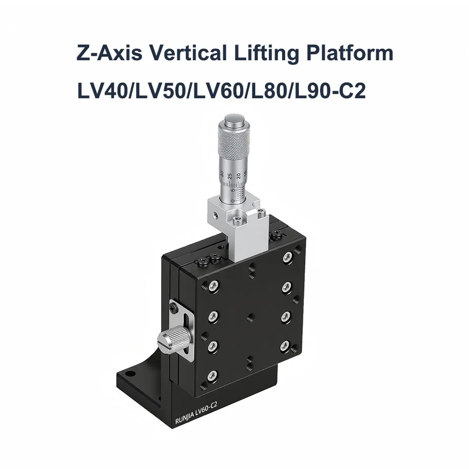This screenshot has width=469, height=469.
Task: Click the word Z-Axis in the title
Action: pyautogui.click(x=109, y=53)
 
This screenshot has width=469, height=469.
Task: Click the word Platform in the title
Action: pyautogui.click(x=350, y=53)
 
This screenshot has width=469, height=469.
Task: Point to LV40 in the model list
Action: pyautogui.click(x=102, y=91)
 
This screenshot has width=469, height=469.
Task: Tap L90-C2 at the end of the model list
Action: pyautogui.click(x=330, y=91)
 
